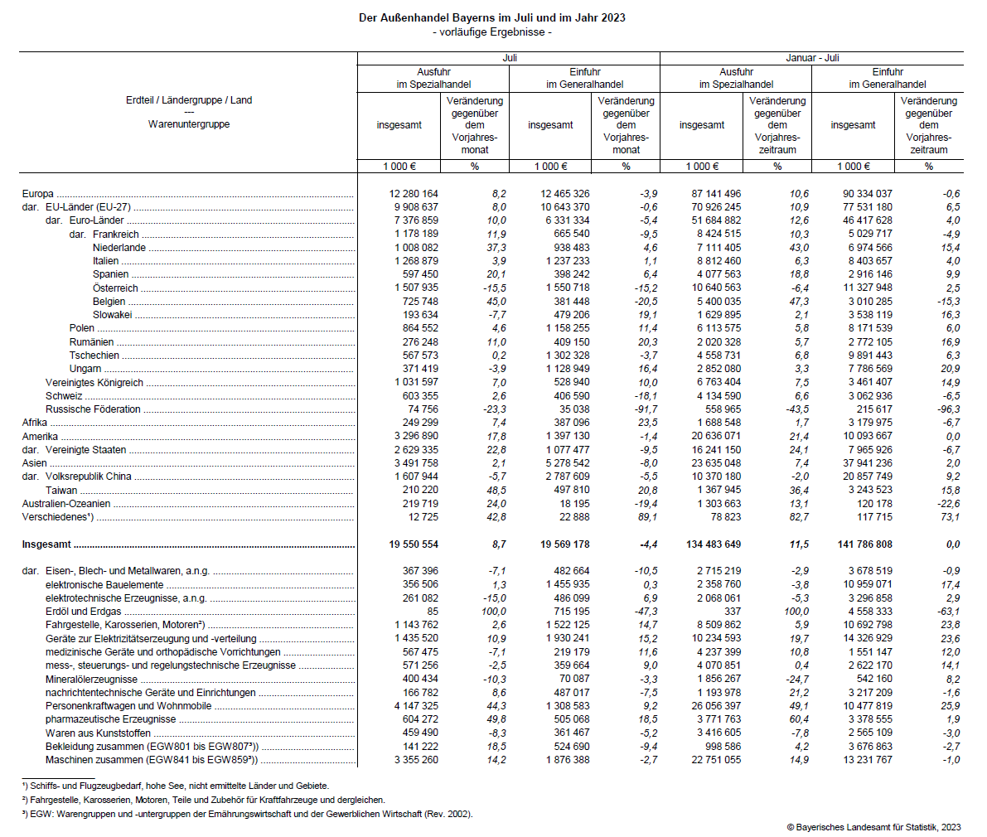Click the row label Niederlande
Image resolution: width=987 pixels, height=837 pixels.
[119, 248]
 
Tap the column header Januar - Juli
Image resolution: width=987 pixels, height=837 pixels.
[812, 58]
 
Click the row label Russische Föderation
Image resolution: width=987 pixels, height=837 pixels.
[93, 409]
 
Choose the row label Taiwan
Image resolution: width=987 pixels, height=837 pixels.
[61, 490]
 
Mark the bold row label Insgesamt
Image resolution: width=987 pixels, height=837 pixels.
[46, 544]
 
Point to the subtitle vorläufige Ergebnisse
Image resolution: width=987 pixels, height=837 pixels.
[492, 31]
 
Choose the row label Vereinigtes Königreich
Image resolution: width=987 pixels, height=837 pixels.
[94, 383]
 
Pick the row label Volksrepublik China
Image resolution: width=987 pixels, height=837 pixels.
[88, 477]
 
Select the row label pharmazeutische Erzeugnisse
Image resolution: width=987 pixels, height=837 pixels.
[110, 719]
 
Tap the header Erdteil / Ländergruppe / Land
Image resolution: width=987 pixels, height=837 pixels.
[189, 100]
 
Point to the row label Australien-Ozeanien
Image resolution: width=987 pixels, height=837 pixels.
[66, 504]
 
